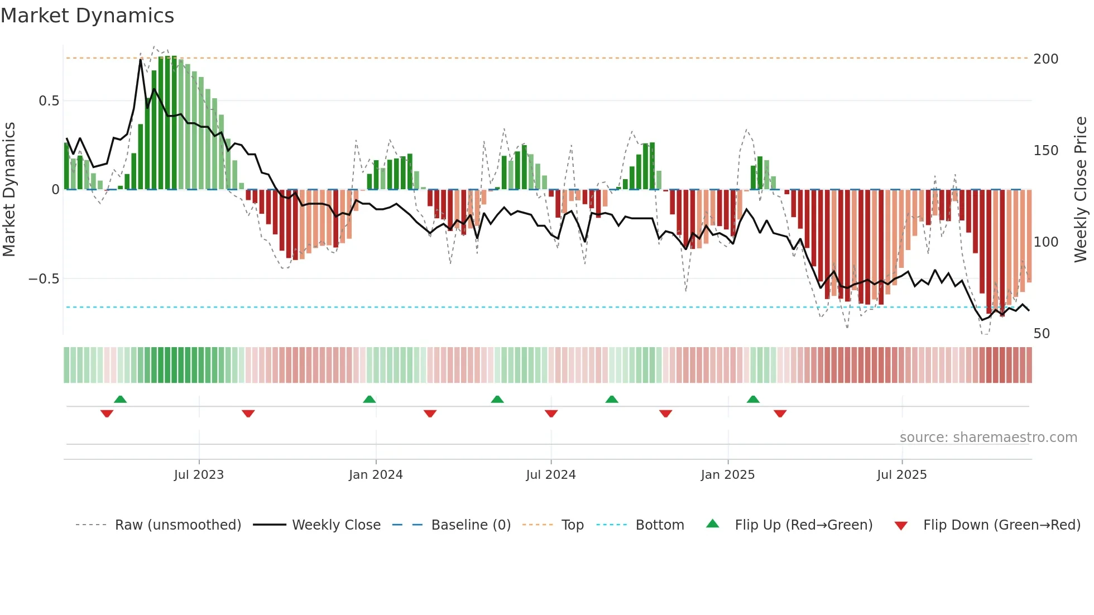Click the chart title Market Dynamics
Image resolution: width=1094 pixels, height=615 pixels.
click(87, 16)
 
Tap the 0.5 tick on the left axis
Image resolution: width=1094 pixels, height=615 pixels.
click(49, 101)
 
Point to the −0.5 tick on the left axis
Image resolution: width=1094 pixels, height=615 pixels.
click(44, 279)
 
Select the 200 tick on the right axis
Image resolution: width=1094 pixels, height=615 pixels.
click(1045, 59)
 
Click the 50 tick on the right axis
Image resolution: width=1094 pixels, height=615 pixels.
click(1042, 334)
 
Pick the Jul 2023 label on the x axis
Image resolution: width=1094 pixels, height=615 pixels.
click(199, 475)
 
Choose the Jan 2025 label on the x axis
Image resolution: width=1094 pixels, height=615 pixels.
click(727, 475)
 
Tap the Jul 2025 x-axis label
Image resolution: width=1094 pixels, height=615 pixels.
click(901, 475)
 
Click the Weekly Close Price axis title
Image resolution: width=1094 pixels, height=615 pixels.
click(1081, 190)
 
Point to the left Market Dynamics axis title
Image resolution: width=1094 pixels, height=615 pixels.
click(9, 190)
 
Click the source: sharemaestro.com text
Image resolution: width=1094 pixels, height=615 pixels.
click(988, 438)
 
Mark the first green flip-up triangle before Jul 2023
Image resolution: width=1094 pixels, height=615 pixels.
click(120, 399)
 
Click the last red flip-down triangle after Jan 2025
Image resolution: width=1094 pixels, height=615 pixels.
click(780, 414)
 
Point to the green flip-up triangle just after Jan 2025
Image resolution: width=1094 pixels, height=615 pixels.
click(753, 399)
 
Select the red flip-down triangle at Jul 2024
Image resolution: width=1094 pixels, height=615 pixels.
click(551, 414)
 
